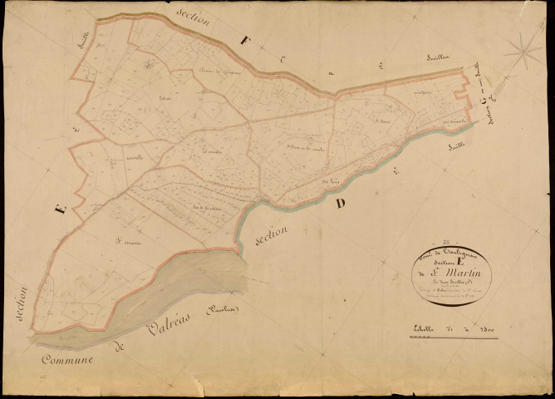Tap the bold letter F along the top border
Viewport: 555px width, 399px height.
[243, 39]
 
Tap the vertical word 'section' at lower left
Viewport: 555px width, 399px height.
[22, 305]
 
